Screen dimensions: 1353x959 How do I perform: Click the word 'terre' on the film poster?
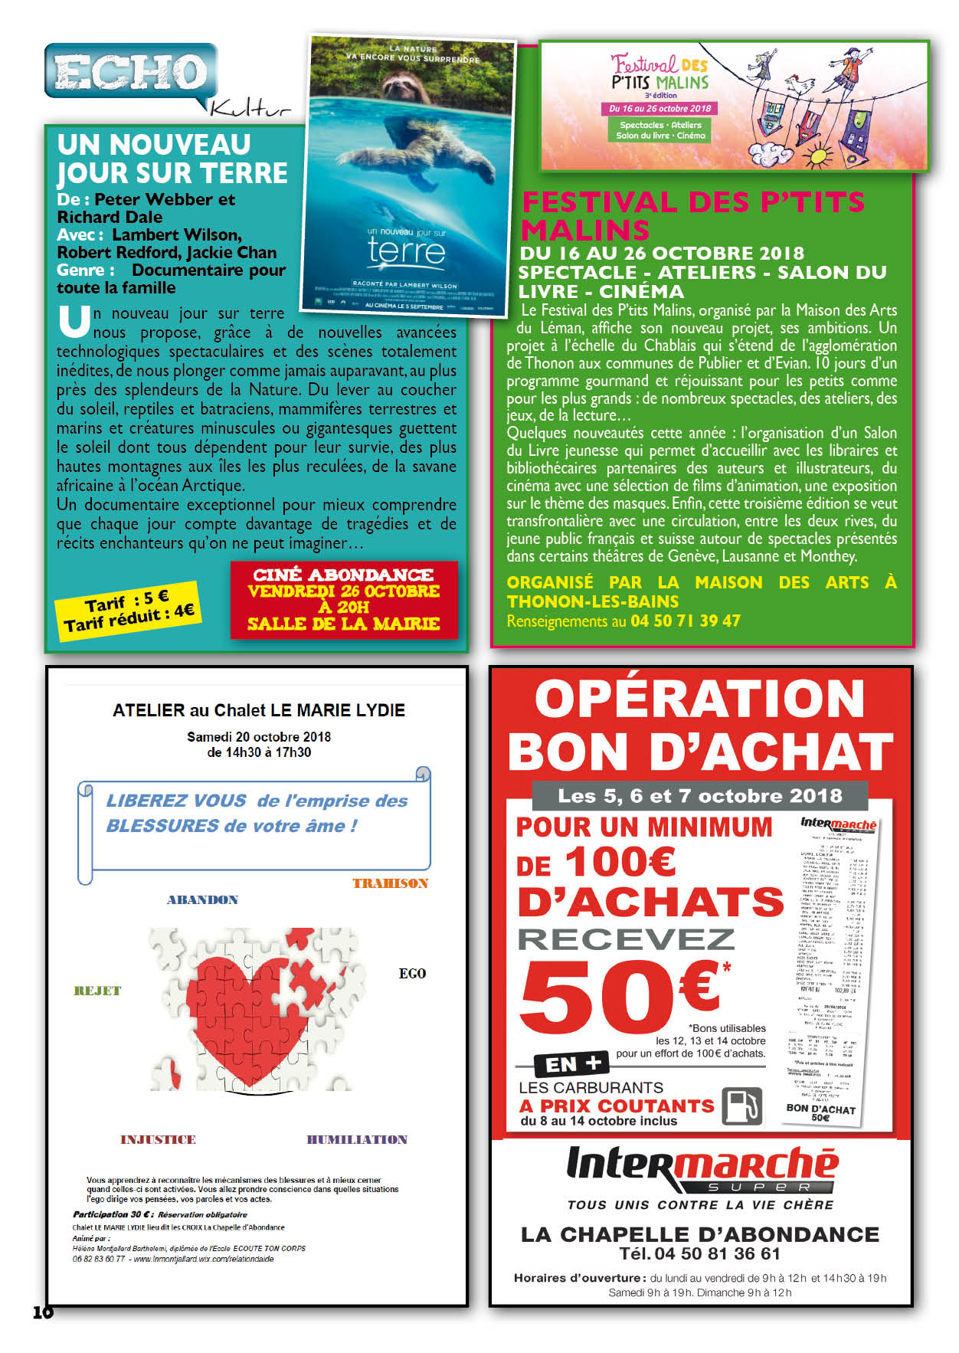406,252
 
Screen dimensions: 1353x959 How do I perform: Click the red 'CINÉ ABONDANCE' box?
344,600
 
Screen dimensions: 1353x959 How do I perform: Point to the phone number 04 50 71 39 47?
685,621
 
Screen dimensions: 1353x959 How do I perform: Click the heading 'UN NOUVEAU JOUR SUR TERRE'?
172,159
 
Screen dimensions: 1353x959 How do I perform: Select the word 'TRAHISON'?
390,883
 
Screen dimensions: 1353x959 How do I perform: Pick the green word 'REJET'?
97,991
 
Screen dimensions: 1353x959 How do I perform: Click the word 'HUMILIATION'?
357,1139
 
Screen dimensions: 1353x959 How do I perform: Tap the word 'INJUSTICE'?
158,1139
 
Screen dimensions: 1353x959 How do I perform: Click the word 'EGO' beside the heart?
412,974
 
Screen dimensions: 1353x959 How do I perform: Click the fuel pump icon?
741,1106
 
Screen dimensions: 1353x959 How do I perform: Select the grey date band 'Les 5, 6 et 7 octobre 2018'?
699,795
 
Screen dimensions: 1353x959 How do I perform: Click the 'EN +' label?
573,1063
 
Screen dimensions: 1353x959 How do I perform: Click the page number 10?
43,1312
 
